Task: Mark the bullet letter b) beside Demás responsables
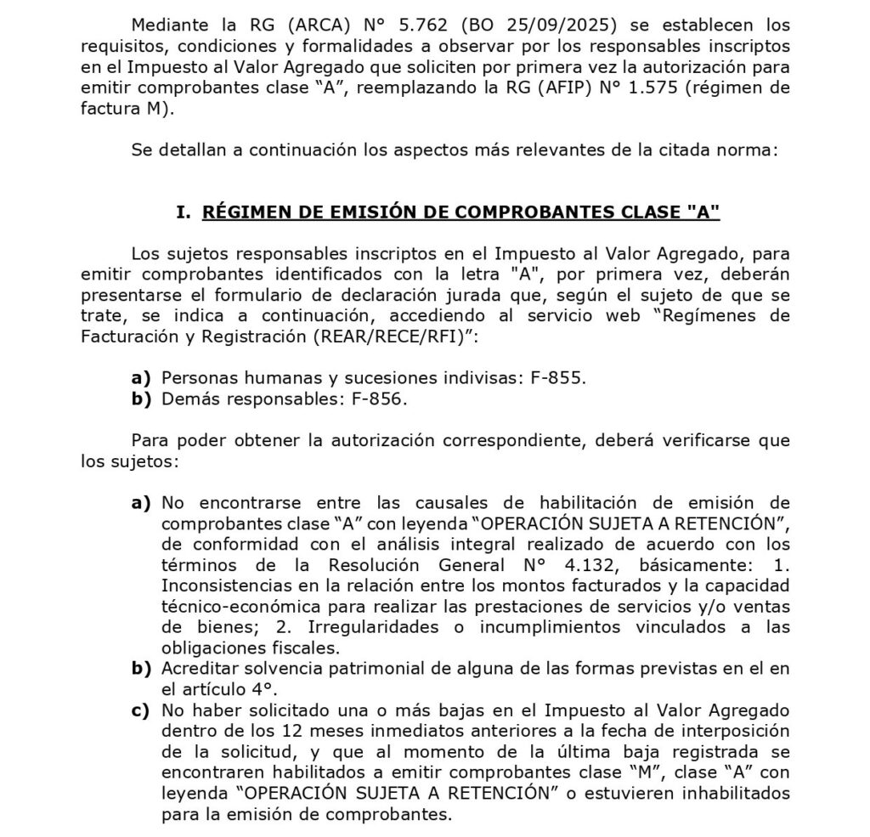click(141, 399)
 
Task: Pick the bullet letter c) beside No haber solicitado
click(141, 710)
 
